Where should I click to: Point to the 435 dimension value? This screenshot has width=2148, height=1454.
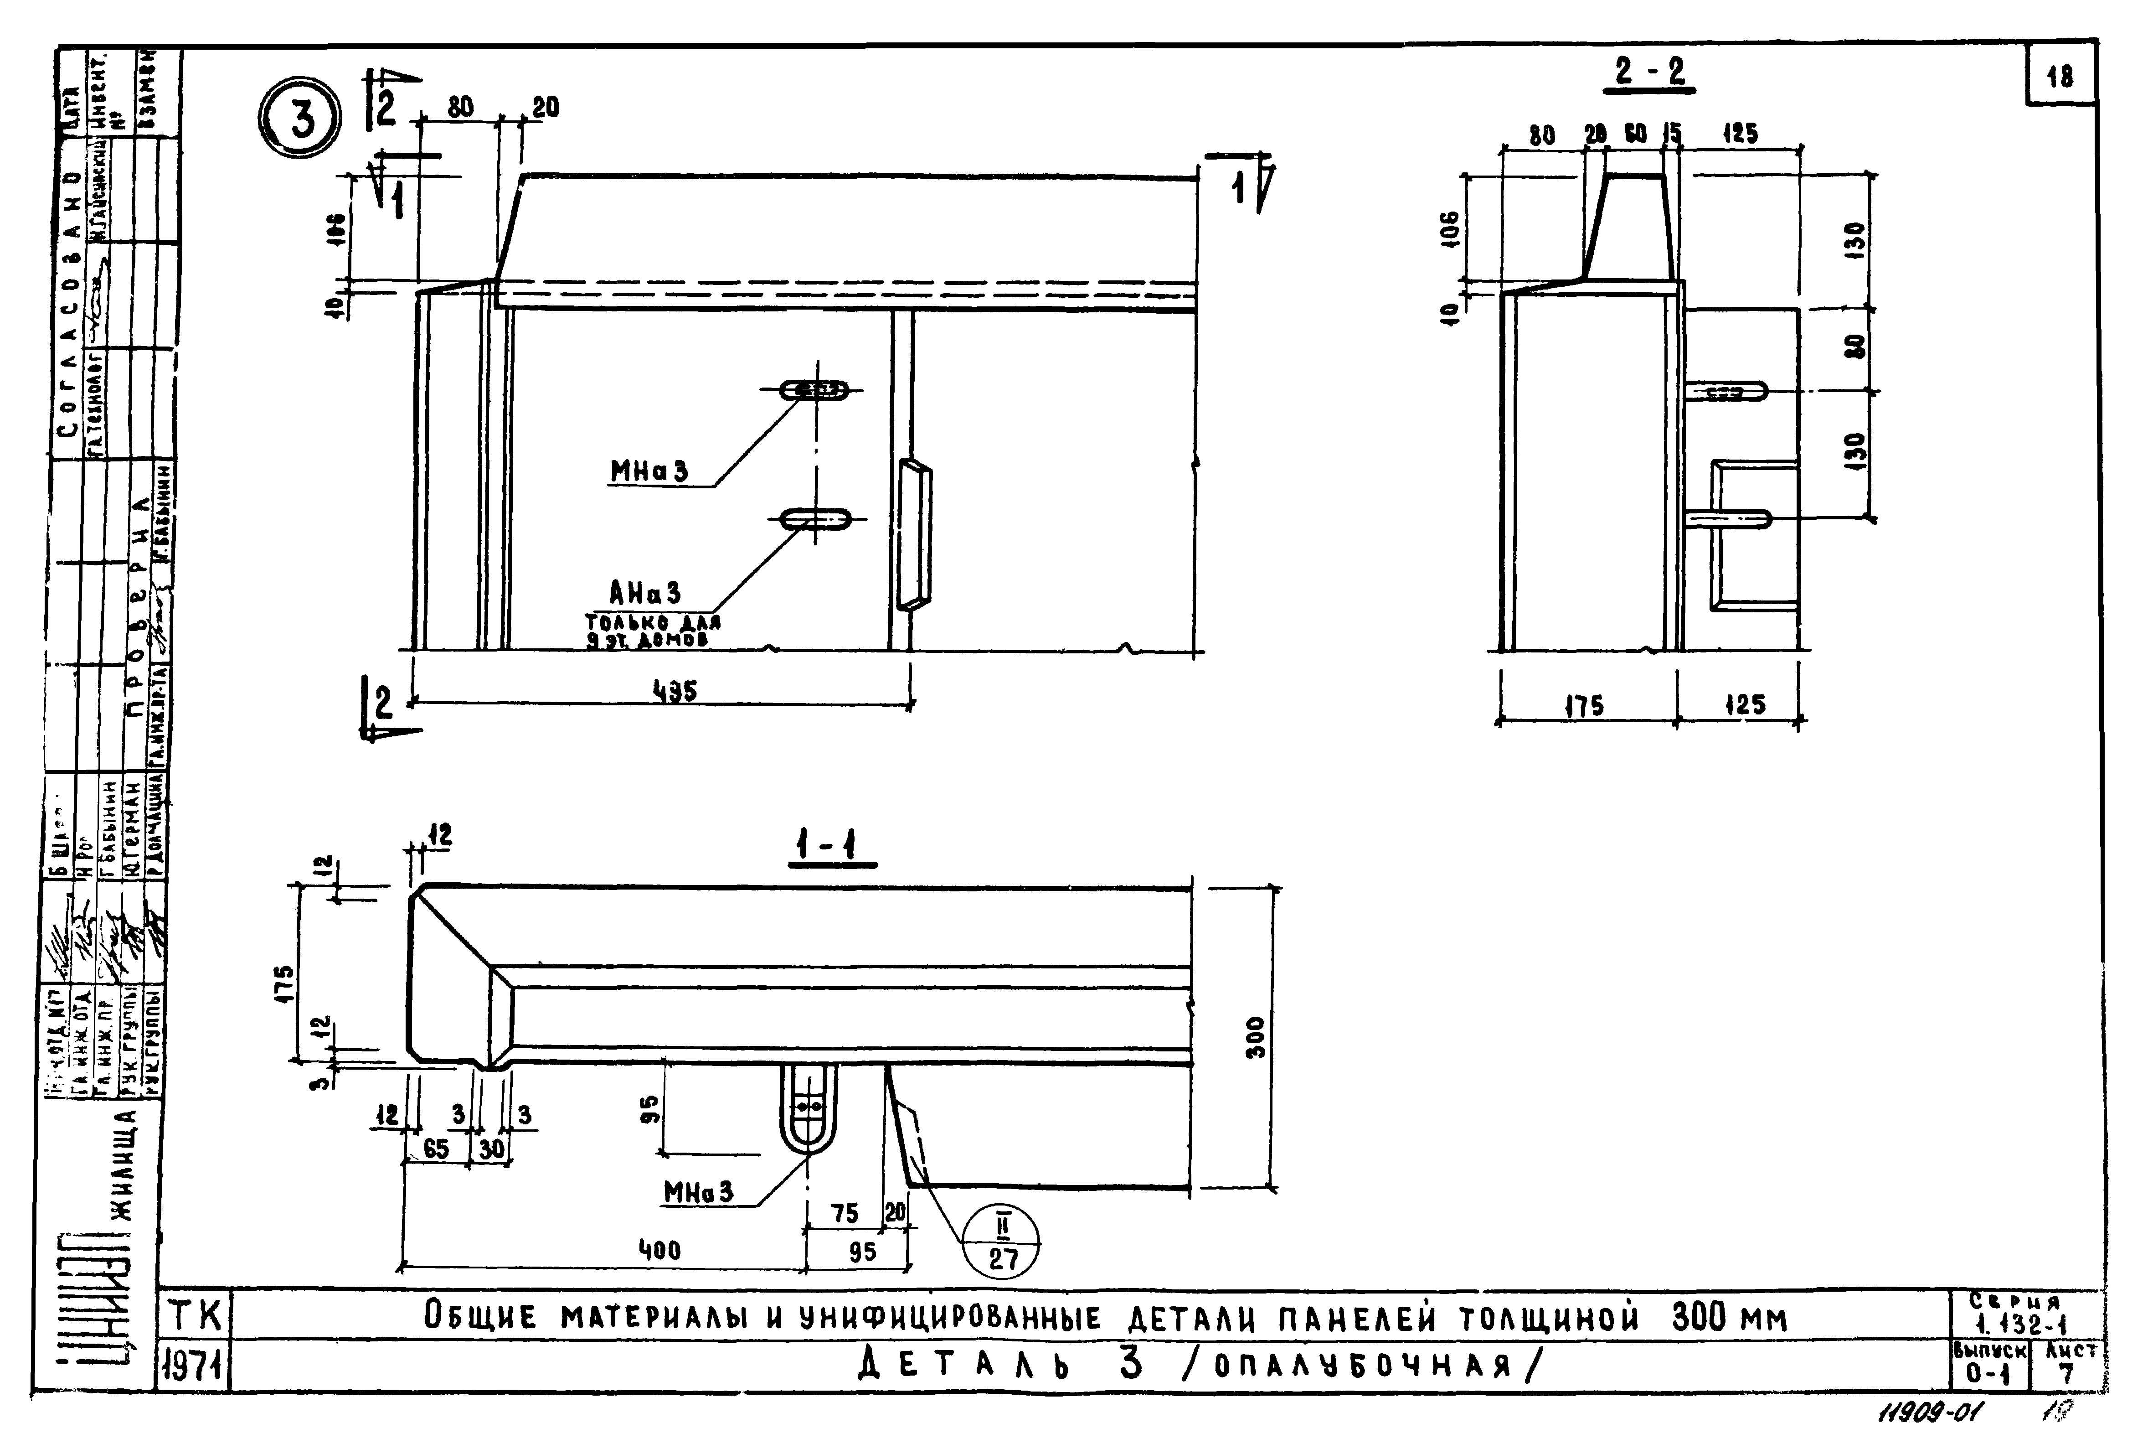click(674, 690)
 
